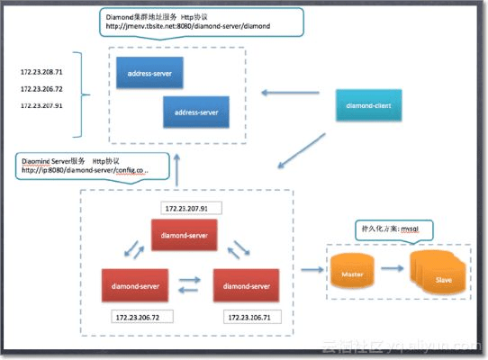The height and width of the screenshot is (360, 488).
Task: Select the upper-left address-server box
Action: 149,73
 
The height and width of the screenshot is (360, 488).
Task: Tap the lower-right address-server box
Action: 196,112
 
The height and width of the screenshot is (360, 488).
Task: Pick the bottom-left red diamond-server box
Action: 135,286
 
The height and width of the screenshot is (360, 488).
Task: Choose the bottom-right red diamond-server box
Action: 244,286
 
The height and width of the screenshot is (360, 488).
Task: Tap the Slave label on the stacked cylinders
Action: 443,279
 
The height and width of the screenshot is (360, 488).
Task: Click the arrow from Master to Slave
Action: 390,269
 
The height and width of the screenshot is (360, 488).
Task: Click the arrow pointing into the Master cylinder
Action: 312,269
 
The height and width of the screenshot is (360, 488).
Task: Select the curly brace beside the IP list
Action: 85,91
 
